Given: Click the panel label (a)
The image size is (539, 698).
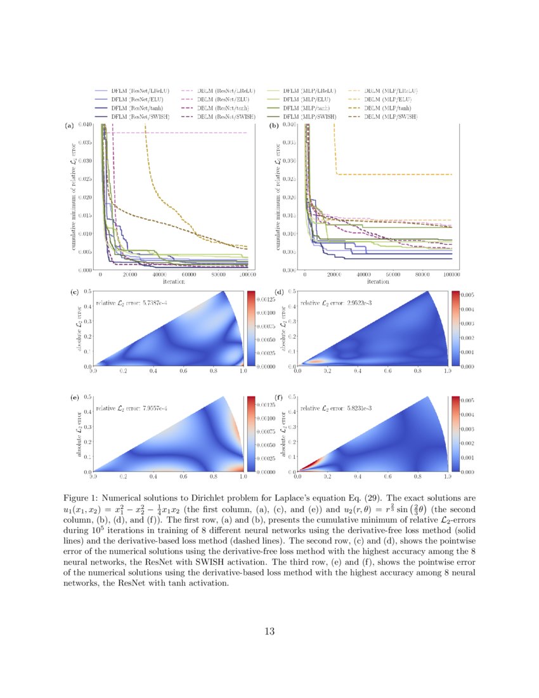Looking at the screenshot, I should point(70,126).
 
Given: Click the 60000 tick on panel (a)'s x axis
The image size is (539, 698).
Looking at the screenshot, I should point(188,275).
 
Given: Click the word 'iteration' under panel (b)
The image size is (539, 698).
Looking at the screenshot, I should point(378,281).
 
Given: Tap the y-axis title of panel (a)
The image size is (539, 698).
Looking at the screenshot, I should point(74,197).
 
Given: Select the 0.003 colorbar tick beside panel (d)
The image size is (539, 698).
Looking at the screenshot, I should point(466,324).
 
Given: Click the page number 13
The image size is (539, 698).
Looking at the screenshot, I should point(269,631).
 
